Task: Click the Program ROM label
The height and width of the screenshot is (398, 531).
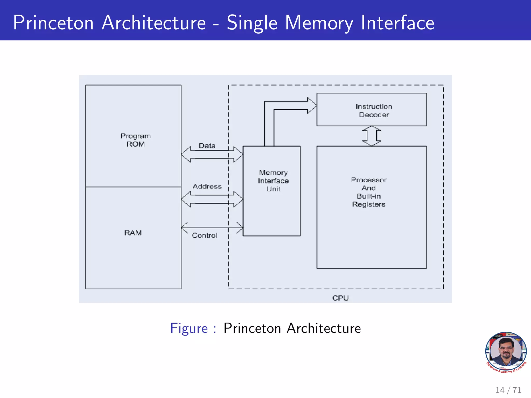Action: pyautogui.click(x=136, y=140)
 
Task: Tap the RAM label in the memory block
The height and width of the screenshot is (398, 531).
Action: pyautogui.click(x=133, y=233)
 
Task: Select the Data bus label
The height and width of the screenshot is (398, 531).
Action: pyautogui.click(x=207, y=146)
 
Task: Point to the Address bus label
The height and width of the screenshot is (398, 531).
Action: pyautogui.click(x=207, y=186)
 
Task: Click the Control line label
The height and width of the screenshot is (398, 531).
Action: pyautogui.click(x=204, y=235)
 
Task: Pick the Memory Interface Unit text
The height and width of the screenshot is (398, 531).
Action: pyautogui.click(x=273, y=181)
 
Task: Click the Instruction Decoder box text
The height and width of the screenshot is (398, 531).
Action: pyautogui.click(x=374, y=110)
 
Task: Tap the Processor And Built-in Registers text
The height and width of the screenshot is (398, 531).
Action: pyautogui.click(x=368, y=192)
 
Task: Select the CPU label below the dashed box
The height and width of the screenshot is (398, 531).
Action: pyautogui.click(x=340, y=298)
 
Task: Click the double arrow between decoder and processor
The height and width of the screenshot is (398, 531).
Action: pyautogui.click(x=372, y=136)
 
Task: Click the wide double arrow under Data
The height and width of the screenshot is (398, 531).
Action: pyautogui.click(x=212, y=154)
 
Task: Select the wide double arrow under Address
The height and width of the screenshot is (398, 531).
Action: pyautogui.click(x=212, y=199)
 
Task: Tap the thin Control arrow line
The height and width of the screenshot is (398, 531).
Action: pyautogui.click(x=212, y=228)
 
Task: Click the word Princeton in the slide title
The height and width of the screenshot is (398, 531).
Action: pyautogui.click(x=53, y=23)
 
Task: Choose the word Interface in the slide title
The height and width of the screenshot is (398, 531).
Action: pyautogui.click(x=397, y=23)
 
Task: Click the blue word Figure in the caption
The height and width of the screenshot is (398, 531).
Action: pyautogui.click(x=189, y=328)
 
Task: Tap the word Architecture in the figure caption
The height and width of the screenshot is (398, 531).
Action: pyautogui.click(x=324, y=328)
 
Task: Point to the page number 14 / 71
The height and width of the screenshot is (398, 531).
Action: pyautogui.click(x=508, y=390)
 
